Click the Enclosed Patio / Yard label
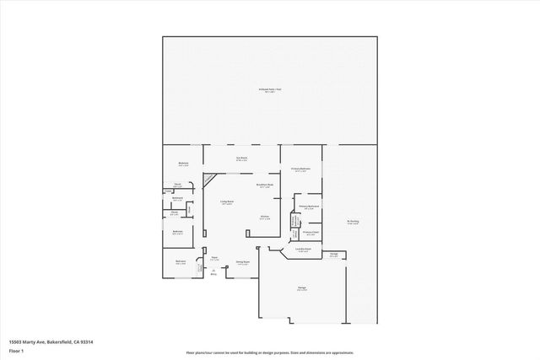click(x=269, y=89)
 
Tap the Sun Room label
click(x=241, y=159)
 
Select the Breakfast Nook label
click(x=263, y=185)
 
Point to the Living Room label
click(x=227, y=202)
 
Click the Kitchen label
click(x=264, y=218)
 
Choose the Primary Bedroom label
click(x=301, y=170)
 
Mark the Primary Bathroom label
click(x=307, y=207)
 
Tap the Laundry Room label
click(x=304, y=250)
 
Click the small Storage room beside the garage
click(x=333, y=255)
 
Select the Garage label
click(x=301, y=288)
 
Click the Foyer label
click(x=215, y=259)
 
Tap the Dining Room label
click(x=241, y=262)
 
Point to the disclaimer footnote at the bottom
click(x=269, y=352)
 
